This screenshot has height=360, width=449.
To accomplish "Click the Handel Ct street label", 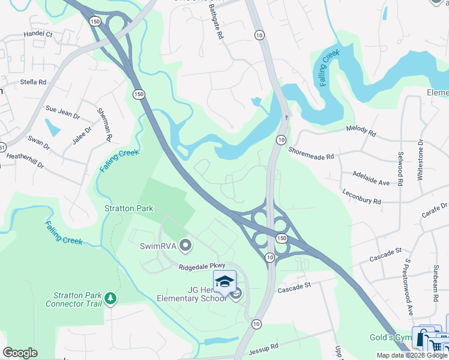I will (x=38, y=35).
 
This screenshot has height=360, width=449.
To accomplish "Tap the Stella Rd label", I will (x=33, y=82).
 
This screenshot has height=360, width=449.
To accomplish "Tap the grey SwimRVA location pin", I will (x=185, y=245).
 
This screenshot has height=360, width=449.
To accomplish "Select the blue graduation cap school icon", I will (x=224, y=281).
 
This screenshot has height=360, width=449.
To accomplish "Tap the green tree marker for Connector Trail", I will (x=110, y=298).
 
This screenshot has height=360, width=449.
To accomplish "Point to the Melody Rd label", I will (x=361, y=130).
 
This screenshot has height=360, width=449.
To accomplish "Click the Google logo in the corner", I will (x=20, y=353).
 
